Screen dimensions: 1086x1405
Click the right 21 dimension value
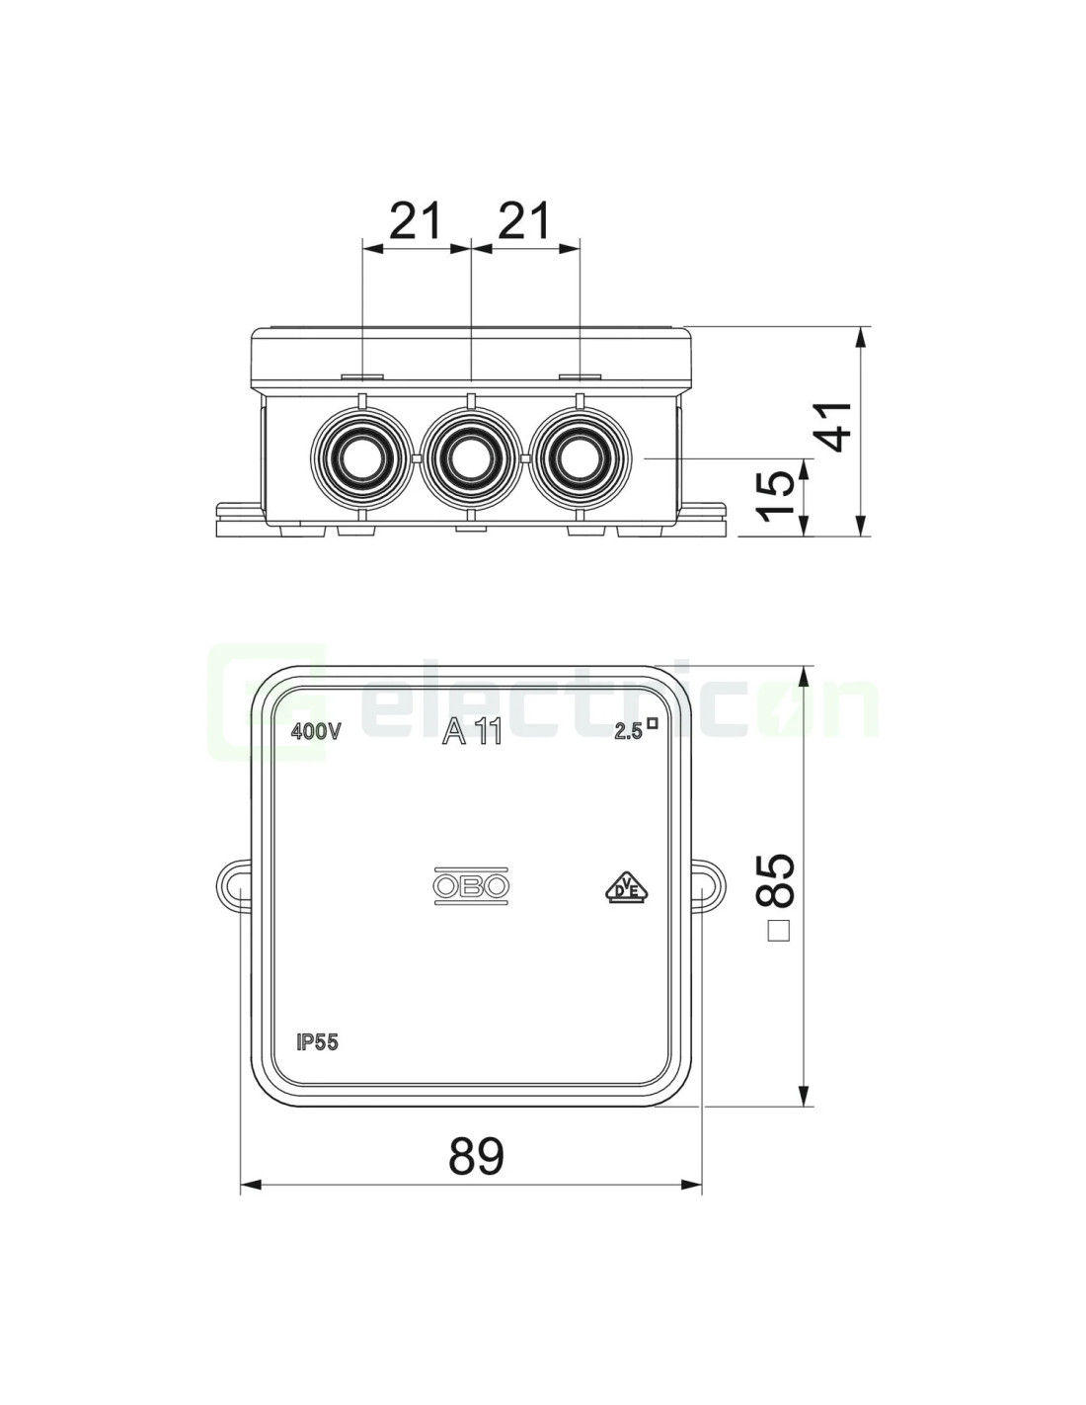click(x=524, y=220)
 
